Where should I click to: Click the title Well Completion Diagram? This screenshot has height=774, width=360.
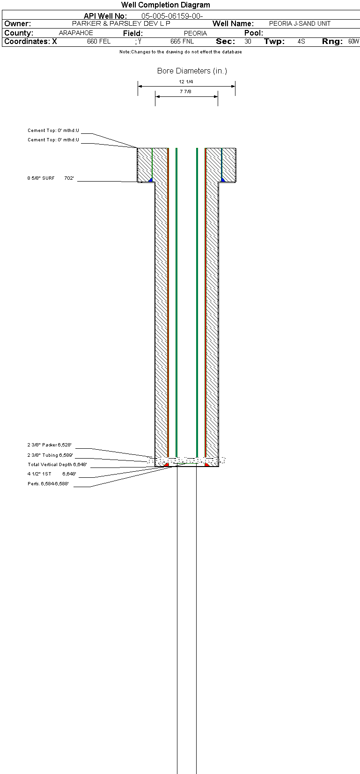coord(165,5)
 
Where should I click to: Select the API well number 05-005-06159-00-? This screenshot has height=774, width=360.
coord(172,16)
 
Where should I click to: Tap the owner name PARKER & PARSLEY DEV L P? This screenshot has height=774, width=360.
coord(121,23)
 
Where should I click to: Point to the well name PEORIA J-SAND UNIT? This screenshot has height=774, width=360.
coord(300,23)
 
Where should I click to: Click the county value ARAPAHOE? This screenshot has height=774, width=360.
coord(76,33)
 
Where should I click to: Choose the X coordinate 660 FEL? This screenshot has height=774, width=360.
coord(99,42)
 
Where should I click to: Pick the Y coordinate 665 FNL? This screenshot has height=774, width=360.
coord(182,42)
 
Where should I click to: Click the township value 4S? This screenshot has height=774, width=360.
coord(301,42)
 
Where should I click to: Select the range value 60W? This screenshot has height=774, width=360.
coord(354,42)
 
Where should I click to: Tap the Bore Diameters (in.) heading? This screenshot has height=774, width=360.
coord(192,71)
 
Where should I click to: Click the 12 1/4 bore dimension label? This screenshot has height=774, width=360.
coord(186,82)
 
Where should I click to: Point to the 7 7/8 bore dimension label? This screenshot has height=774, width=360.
coord(186,92)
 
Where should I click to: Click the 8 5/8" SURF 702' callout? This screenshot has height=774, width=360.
coord(51,178)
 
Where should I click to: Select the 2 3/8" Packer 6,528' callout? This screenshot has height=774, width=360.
coord(50,445)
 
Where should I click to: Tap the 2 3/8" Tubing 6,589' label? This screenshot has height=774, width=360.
coord(50,455)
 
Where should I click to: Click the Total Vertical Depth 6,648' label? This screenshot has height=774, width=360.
coord(57,465)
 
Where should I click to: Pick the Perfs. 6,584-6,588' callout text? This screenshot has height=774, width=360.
coord(48,484)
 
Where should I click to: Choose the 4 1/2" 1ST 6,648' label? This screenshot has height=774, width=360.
coord(52,474)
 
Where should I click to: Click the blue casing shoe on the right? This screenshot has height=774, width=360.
coord(223,180)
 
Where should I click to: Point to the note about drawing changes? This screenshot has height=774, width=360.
coord(181,52)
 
